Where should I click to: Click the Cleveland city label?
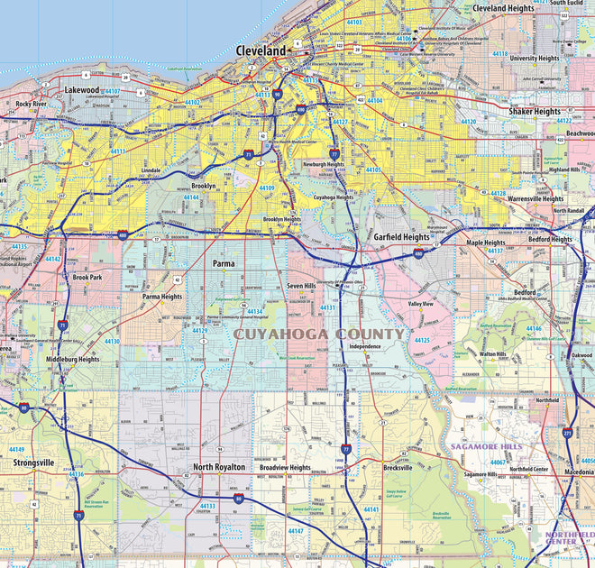(261, 51)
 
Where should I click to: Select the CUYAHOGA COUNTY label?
(320, 334)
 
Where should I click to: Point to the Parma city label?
(223, 263)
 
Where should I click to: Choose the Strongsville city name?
(34, 463)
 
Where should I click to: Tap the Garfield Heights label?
(402, 237)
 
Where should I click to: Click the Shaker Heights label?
(535, 112)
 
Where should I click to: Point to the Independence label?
(365, 346)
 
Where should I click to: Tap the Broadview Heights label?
(285, 468)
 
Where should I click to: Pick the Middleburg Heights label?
(73, 359)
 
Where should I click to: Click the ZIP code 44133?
(207, 506)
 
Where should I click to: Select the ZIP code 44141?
(371, 509)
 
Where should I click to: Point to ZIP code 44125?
(421, 340)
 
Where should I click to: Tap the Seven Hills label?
(301, 286)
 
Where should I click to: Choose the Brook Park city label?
(87, 278)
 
